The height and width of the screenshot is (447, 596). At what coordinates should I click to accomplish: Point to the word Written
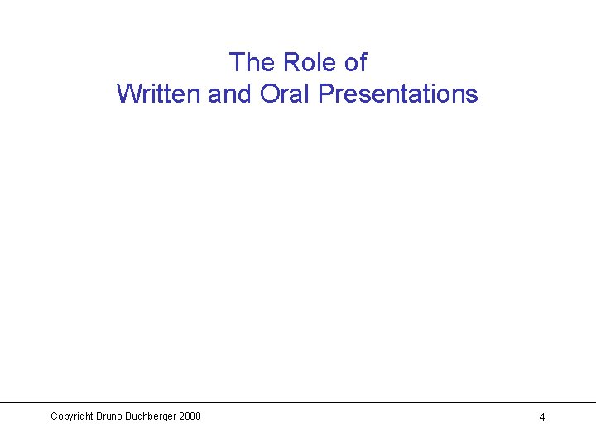(159, 94)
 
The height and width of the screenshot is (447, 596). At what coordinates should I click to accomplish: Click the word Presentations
(398, 94)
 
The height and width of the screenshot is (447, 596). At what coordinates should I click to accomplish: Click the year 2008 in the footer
(189, 416)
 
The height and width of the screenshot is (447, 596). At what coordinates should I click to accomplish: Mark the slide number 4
(542, 417)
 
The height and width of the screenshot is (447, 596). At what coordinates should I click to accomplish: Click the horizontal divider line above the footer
(298, 403)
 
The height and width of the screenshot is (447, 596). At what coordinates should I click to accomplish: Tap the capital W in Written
(127, 94)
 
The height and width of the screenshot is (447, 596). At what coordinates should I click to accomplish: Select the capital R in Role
(291, 62)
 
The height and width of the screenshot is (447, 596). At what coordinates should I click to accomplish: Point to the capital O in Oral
(269, 94)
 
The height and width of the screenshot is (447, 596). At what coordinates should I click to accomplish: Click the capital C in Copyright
(54, 416)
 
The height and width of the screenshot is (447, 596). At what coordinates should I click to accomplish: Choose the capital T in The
(237, 62)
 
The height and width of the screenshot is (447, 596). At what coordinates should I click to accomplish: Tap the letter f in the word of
(362, 62)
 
